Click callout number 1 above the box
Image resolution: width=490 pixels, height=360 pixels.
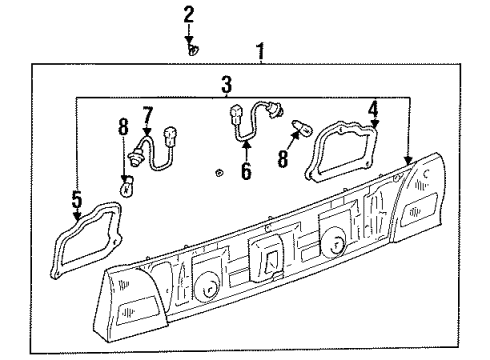(x=262, y=50)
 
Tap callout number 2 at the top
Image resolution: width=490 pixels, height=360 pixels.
(x=189, y=15)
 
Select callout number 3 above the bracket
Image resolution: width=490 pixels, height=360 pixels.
(x=227, y=85)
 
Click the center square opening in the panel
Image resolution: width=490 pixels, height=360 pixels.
(x=267, y=260)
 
